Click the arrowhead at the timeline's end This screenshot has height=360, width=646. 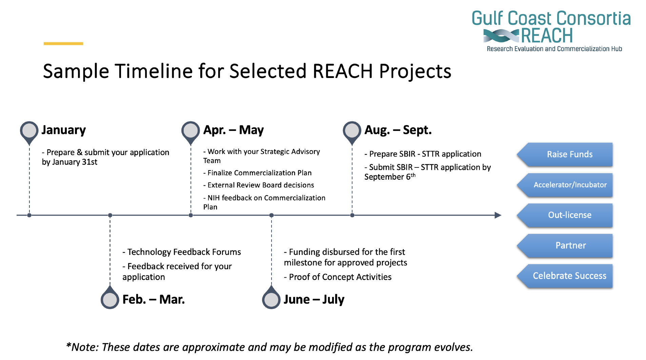[x=498, y=215]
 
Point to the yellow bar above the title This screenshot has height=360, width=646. [x=63, y=43]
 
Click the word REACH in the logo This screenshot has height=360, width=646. [x=547, y=36]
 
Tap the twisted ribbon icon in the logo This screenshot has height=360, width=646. [x=501, y=36]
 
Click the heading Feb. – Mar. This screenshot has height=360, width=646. [x=154, y=299]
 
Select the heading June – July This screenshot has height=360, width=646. [x=314, y=299]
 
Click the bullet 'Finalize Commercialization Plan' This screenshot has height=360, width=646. [x=258, y=173]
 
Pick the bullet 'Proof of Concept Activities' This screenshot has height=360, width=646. [x=338, y=277]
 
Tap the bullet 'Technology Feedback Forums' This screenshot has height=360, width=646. [x=182, y=252]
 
